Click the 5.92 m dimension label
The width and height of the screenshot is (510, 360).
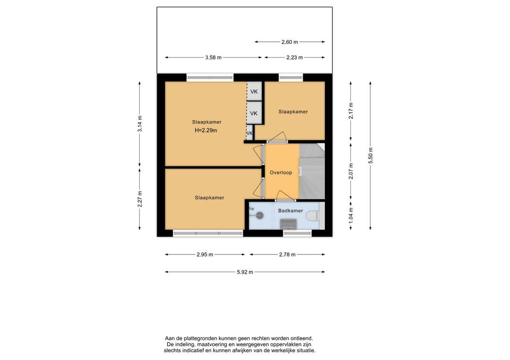point(245,272)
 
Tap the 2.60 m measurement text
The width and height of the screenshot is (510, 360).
point(289,42)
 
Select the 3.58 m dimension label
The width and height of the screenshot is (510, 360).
point(213,58)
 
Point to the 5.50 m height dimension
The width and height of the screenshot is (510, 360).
point(371,156)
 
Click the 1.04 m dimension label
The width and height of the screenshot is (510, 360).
point(351,215)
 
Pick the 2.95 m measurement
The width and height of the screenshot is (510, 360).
point(204,254)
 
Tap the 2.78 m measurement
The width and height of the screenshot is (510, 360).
point(287,254)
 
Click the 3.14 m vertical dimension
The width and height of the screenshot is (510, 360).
point(139,124)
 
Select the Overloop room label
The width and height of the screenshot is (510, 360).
point(280,173)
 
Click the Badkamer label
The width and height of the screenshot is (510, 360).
point(290,210)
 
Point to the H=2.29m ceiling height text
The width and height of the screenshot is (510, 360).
point(206,130)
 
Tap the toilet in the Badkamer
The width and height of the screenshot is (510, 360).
point(313,216)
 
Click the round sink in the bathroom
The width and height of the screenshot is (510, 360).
point(259,215)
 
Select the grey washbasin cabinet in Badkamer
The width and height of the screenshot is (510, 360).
point(288,224)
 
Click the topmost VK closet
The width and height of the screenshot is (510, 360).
point(254,92)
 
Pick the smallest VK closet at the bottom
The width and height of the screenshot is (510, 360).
point(249,133)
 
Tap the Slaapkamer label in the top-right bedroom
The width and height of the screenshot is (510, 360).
point(293,111)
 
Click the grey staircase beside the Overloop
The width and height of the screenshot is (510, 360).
point(312,171)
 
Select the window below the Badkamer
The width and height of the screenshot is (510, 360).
point(297,233)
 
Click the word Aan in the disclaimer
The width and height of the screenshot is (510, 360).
point(170,339)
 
